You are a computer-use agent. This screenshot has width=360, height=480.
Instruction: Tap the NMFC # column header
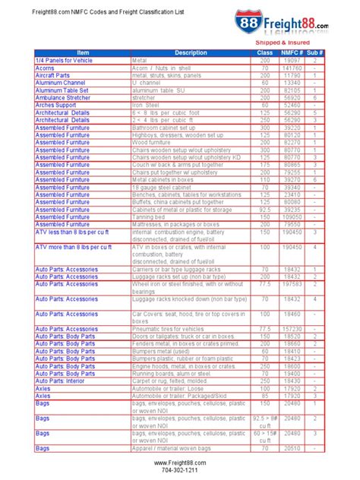click(290, 52)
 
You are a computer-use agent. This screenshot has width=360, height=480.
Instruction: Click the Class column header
click(264, 52)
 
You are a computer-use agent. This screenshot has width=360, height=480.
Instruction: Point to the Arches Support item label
click(58, 105)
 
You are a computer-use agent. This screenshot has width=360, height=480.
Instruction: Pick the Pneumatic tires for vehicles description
click(175, 329)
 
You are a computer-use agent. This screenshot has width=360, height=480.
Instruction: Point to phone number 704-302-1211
click(179, 470)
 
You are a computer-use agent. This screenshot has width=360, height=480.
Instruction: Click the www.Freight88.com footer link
click(179, 462)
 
